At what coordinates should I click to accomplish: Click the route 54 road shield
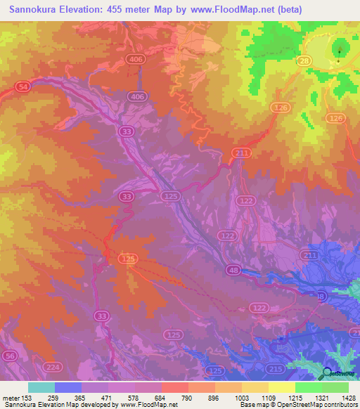(x=22, y=86)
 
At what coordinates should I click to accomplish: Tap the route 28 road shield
(x=304, y=62)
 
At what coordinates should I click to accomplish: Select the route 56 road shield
(x=10, y=357)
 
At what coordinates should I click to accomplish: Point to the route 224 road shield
(x=52, y=367)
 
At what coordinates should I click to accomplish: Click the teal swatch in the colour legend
(x=41, y=387)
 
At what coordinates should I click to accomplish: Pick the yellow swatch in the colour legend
(x=281, y=387)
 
